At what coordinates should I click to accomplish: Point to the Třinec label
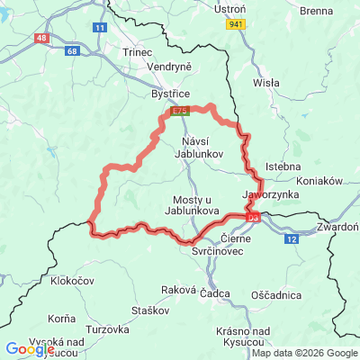coord(138,54)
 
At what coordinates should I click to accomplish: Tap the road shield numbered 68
coord(72,51)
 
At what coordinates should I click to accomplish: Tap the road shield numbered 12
coord(292,239)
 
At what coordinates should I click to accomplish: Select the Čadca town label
coord(215,293)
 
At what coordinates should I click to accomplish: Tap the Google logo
coord(29,349)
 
